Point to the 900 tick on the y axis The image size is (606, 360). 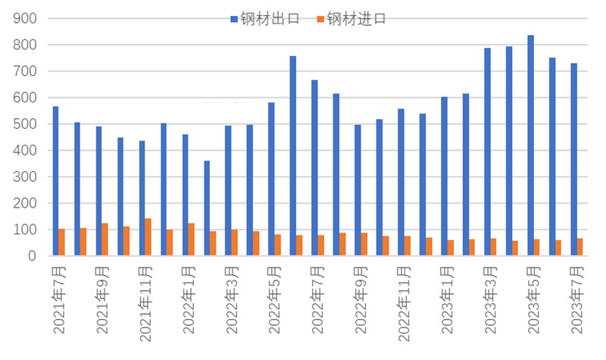click(24, 19)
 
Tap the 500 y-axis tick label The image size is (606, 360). click(24, 124)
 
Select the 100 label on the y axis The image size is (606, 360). click(24, 230)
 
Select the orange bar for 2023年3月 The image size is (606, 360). click(493, 247)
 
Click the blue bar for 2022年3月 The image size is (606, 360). click(228, 190)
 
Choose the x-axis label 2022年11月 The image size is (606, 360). click(406, 299)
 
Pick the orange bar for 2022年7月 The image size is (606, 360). click(320, 246)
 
